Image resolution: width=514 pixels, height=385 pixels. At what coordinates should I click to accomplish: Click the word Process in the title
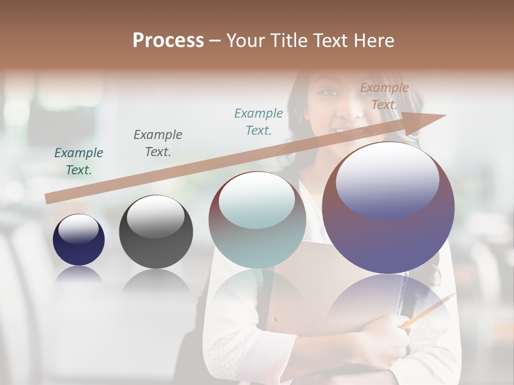click(168, 41)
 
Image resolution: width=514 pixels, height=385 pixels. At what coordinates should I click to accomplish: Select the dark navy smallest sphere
click(79, 240)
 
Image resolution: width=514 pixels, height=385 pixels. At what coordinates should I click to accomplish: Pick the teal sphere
click(257, 220)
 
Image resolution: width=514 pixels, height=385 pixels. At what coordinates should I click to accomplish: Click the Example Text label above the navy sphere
click(79, 161)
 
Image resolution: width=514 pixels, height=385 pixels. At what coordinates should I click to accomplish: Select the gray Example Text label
click(158, 143)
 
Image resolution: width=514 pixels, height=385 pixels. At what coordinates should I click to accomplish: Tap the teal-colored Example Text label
click(259, 121)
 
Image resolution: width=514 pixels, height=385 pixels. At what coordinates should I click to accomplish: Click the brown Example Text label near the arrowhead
click(384, 96)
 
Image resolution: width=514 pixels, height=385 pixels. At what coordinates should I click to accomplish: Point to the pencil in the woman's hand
click(428, 310)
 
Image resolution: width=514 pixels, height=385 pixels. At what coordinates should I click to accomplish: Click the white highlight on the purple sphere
click(388, 179)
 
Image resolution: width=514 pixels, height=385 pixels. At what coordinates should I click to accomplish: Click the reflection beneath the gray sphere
click(156, 281)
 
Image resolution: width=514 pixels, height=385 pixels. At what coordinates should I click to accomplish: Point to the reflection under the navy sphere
click(79, 273)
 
